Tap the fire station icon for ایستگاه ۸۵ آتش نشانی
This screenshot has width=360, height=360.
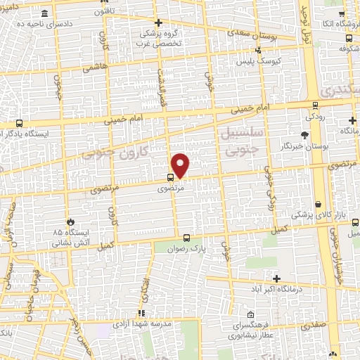pyautogui.click(x=70, y=221)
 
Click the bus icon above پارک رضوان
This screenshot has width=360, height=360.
pyautogui.click(x=187, y=238)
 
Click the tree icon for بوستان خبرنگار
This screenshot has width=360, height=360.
pyautogui.click(x=304, y=136)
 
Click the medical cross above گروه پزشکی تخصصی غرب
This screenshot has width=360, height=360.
pyautogui.click(x=157, y=22)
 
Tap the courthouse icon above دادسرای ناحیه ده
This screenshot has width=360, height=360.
pyautogui.click(x=45, y=13)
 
